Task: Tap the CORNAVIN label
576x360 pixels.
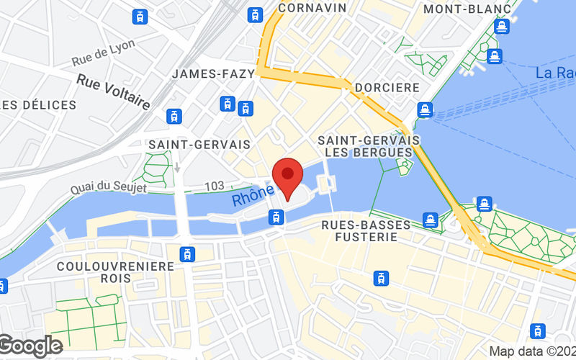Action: click(312, 8)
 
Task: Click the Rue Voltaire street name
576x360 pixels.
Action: click(113, 92)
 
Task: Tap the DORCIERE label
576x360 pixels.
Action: click(387, 87)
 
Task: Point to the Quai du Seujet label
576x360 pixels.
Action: click(108, 188)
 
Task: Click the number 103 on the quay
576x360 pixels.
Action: click(214, 186)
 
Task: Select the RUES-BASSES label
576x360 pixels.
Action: click(375, 225)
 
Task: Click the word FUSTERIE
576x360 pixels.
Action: click(375, 237)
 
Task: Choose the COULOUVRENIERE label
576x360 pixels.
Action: click(115, 266)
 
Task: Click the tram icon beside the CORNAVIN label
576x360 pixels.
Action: click(255, 14)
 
